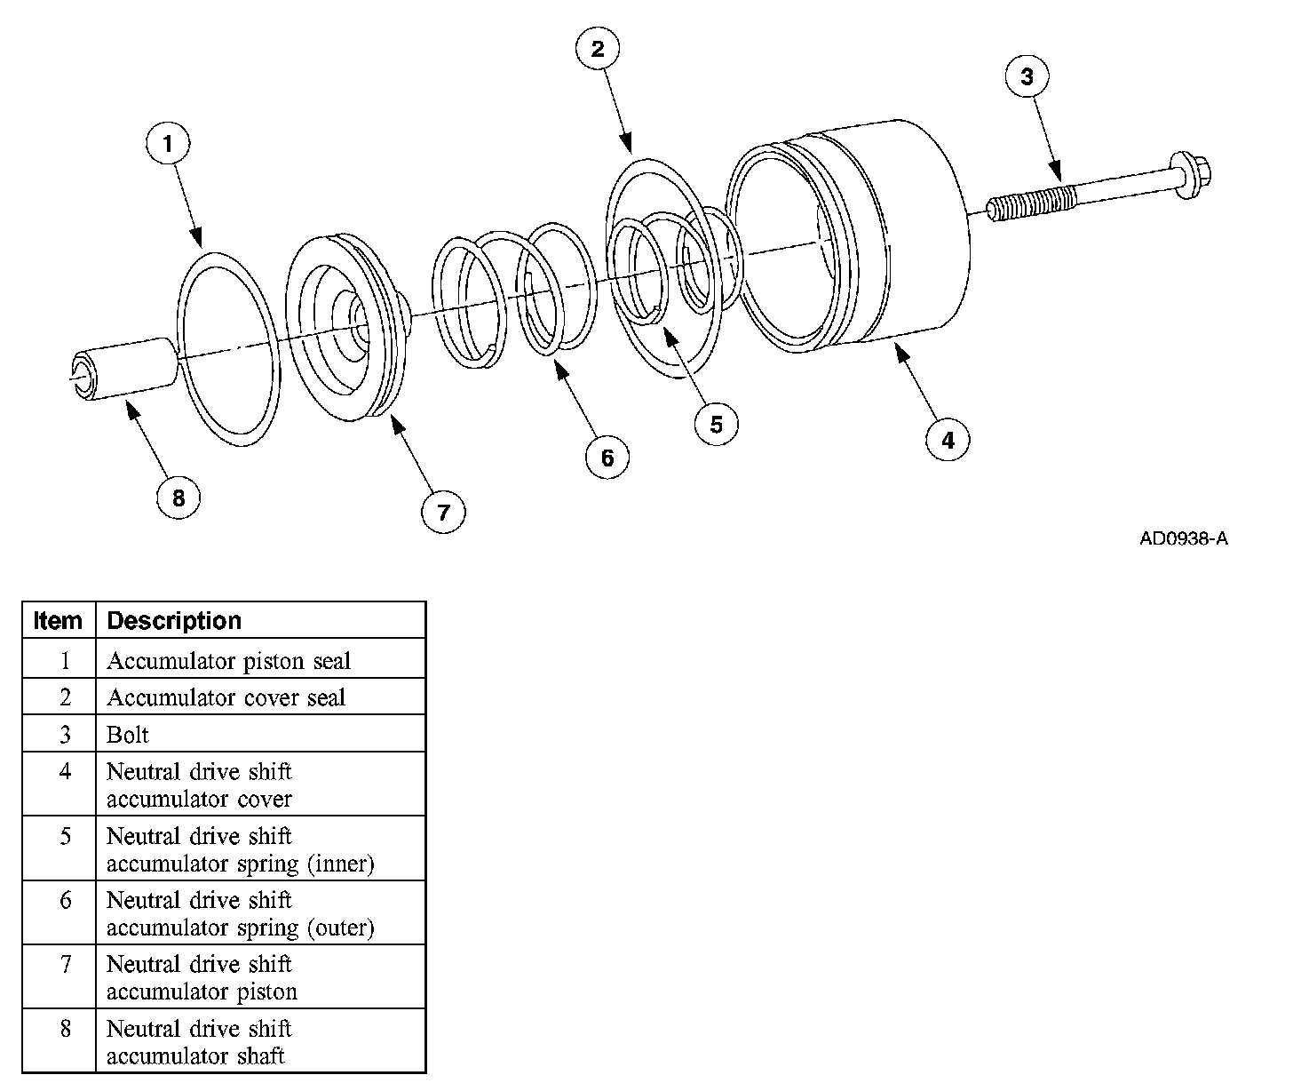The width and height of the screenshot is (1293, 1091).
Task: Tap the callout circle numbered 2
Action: [x=598, y=49]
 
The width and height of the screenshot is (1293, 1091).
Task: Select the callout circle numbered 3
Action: [x=1027, y=76]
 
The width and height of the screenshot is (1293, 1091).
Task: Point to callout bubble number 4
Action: [x=948, y=440]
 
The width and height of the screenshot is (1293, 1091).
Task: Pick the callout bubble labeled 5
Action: [x=717, y=425]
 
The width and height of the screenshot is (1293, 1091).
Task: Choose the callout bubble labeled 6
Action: [x=607, y=458]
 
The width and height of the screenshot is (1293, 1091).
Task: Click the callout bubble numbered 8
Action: [x=178, y=498]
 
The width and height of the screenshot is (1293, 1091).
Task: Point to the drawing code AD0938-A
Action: [x=1184, y=538]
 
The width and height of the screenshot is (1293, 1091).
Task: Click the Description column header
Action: [x=174, y=620]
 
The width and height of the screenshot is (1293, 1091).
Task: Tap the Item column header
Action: [x=58, y=620]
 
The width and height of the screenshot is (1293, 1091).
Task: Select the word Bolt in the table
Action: [x=128, y=735]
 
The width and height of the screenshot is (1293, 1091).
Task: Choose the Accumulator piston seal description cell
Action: [x=228, y=661]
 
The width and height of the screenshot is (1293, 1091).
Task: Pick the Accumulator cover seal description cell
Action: [x=226, y=698]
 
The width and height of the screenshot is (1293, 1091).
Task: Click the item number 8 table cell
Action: [x=65, y=1029]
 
